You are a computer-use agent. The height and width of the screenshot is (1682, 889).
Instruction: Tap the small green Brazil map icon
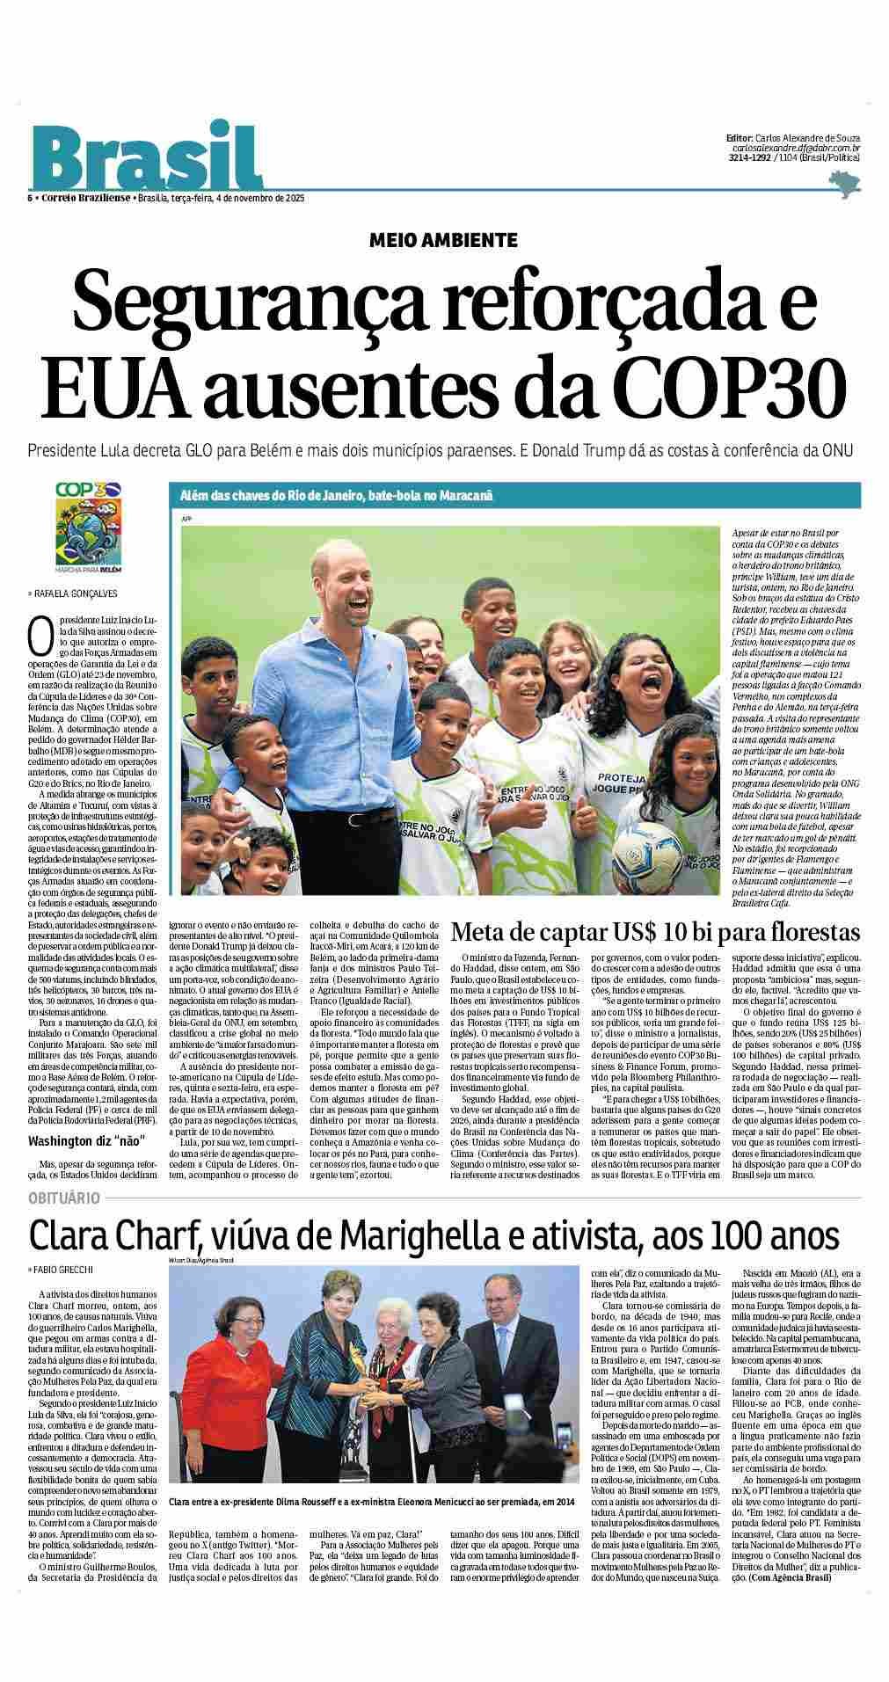(845, 185)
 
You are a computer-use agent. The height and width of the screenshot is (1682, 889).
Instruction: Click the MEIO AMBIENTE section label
(444, 239)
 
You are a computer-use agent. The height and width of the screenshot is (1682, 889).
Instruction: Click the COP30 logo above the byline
(87, 525)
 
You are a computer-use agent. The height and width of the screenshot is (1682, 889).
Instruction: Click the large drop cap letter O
(37, 633)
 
